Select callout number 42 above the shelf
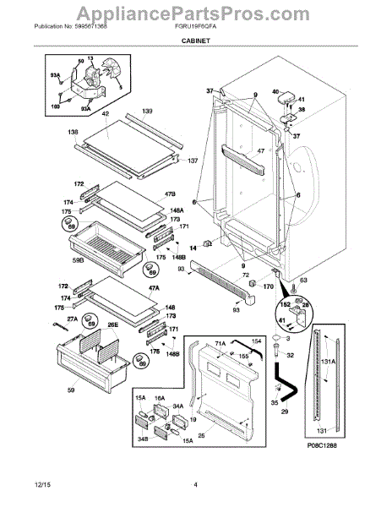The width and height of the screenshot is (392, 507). click(x=106, y=112)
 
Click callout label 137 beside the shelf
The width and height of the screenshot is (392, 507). click(x=193, y=161)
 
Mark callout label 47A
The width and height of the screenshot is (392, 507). click(x=152, y=288)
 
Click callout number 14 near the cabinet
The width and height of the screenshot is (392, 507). click(x=192, y=248)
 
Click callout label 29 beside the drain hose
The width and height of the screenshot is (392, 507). click(x=283, y=410)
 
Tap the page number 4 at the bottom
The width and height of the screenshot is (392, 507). click(x=195, y=484)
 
